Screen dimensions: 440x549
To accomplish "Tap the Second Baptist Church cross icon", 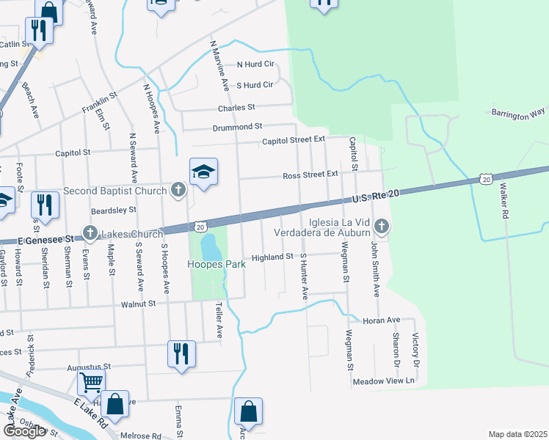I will click(178, 191).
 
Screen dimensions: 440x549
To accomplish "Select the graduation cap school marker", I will click(203, 172).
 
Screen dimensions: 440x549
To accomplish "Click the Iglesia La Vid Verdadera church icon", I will click(380, 225).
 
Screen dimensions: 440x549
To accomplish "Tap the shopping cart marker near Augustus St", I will click(92, 381).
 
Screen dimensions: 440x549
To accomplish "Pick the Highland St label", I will click(273, 257).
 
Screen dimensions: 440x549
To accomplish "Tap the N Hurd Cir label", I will click(254, 65).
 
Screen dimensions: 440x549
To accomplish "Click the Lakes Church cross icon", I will click(90, 234).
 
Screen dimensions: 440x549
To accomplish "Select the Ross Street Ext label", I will click(311, 175).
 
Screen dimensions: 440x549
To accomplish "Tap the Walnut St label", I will click(139, 303).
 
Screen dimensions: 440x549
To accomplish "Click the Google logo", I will click(24, 431).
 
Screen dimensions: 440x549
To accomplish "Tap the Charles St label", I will click(236, 107).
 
